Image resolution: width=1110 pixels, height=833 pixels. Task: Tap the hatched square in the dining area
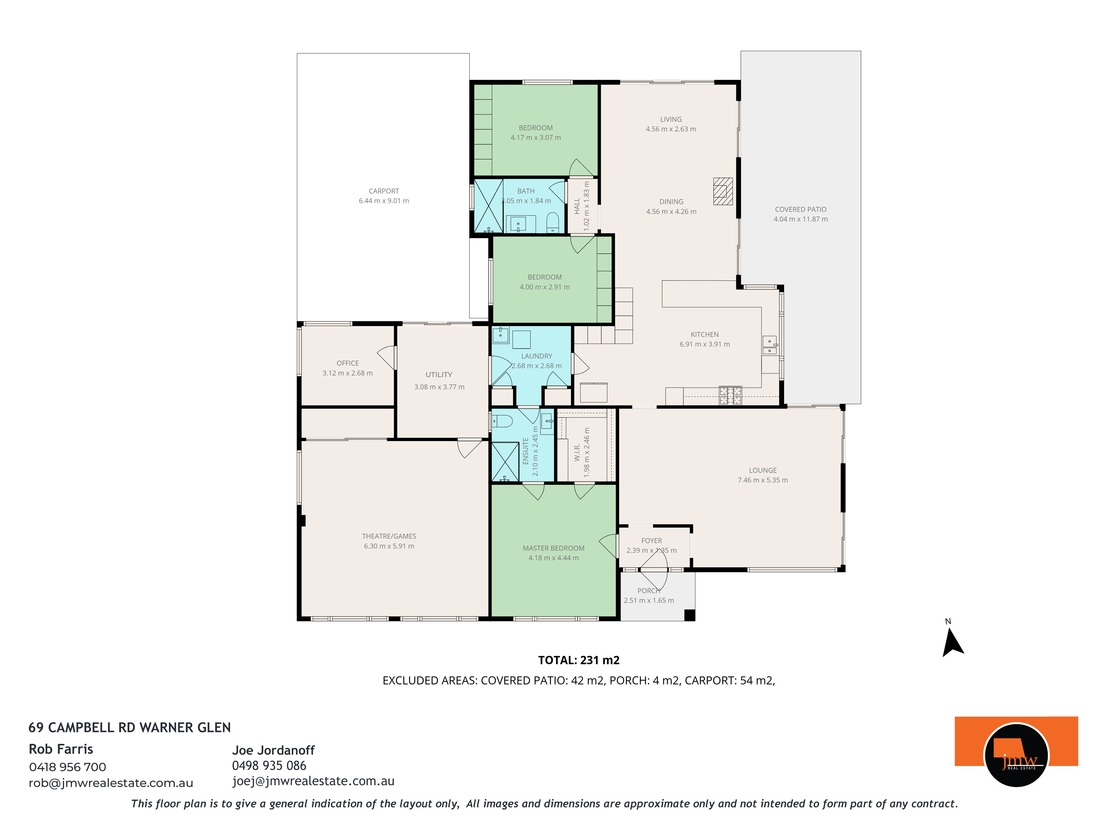723,191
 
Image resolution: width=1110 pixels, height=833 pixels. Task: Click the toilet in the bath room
552,222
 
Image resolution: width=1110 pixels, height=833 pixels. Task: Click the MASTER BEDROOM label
554,548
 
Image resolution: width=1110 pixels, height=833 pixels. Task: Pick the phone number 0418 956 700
68,767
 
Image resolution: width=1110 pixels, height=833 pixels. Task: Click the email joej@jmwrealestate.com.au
313,781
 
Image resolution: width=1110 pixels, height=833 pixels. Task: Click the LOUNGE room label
763,470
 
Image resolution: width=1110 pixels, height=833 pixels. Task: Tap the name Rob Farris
61,749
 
